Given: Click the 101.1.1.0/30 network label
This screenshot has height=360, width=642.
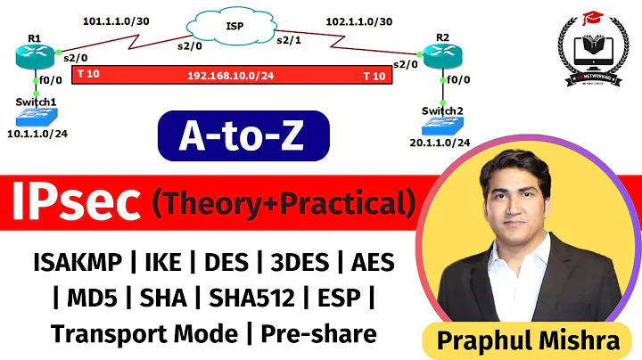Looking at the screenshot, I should pyautogui.click(x=115, y=19).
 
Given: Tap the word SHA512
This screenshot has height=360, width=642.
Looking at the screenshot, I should pyautogui.click(x=239, y=298).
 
